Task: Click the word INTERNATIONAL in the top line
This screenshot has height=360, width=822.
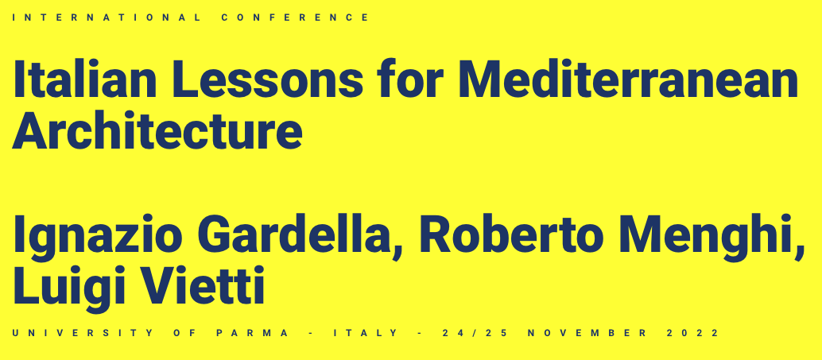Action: point(106,17)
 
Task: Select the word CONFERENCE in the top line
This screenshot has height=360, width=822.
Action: point(295,17)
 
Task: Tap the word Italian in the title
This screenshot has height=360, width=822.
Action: point(85,79)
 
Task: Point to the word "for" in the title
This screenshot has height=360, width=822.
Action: point(409,79)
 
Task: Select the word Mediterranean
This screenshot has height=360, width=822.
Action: point(628,79)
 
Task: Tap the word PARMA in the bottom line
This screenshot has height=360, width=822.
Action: point(253,333)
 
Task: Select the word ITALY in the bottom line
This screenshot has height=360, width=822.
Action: point(366,333)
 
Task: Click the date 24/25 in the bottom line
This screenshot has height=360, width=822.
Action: point(475,333)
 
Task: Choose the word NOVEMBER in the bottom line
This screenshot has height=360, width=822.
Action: point(587,333)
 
